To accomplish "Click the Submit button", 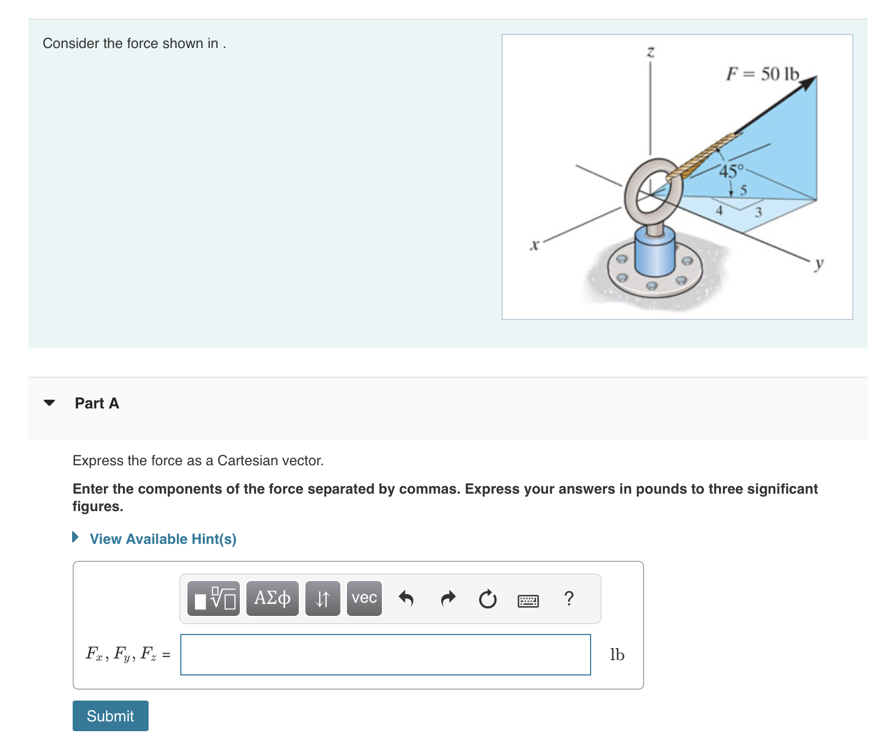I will [110, 715].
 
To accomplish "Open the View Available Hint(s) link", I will [162, 539].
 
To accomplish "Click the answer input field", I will [385, 654].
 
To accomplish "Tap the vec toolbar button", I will [364, 598].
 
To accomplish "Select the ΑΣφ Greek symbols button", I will [272, 598].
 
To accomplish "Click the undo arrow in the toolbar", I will [406, 598].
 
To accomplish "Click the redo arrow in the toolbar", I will [448, 598].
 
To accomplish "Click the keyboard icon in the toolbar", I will [528, 601].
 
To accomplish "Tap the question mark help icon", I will [569, 598].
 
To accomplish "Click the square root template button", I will [214, 598].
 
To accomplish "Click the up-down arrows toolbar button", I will [322, 598].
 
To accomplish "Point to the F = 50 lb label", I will [763, 74].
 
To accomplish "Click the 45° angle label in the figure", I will [731, 171].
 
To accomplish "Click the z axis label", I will [650, 52].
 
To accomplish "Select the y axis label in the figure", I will [818, 264].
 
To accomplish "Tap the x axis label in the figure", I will [534, 245].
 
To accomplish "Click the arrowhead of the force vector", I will [809, 82].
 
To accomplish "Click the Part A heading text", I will [97, 403].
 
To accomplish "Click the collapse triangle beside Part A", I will [49, 403].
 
